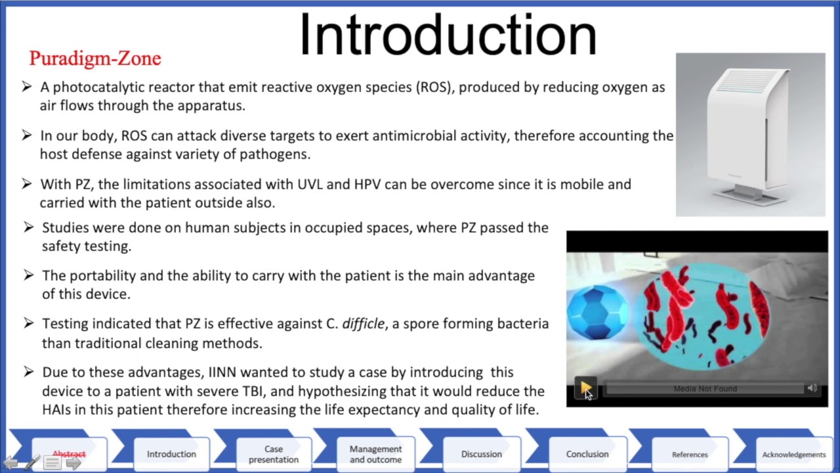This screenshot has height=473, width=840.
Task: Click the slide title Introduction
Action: tap(448, 35)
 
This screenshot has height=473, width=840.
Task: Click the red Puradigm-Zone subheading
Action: tap(95, 58)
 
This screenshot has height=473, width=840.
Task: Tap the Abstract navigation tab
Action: tap(69, 454)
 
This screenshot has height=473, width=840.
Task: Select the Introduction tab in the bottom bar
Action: tap(171, 454)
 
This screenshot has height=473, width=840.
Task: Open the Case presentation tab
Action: tap(274, 454)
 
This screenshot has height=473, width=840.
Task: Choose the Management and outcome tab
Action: tap(375, 454)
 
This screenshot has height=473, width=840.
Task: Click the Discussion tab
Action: tap(481, 454)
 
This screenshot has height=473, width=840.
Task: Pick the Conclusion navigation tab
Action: tap(587, 454)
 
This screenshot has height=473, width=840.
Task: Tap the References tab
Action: tap(690, 454)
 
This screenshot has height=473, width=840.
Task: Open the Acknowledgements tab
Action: tap(793, 454)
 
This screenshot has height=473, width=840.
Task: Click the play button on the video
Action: tap(585, 388)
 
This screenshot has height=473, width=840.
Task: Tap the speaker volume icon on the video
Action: tap(812, 388)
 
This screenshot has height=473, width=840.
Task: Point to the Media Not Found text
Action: tap(705, 389)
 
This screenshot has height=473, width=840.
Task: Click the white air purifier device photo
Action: tap(750, 135)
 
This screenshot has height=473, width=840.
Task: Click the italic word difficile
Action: tap(363, 324)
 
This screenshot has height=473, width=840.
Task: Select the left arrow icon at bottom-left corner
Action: tap(11, 463)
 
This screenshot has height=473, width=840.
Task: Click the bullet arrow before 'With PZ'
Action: tap(27, 184)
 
